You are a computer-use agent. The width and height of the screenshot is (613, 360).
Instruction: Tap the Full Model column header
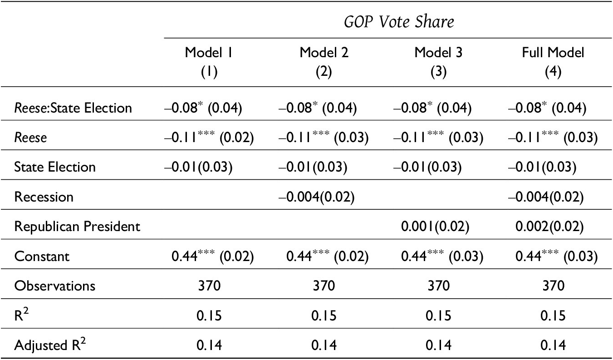point(553,60)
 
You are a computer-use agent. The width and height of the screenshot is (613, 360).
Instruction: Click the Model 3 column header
point(438,60)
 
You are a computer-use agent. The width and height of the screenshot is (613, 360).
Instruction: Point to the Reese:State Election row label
point(73,108)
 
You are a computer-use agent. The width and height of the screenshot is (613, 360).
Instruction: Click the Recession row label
point(44,197)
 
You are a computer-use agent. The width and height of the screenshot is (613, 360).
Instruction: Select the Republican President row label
point(77,227)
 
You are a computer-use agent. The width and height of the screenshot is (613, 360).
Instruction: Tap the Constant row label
point(42,256)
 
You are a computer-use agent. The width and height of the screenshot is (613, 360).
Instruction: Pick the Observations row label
point(55,286)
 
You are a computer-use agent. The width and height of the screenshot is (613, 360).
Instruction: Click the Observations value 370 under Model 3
point(438,286)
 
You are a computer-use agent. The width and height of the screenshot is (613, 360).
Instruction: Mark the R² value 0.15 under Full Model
point(553,316)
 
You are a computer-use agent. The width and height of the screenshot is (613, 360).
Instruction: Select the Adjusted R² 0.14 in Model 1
point(209,345)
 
